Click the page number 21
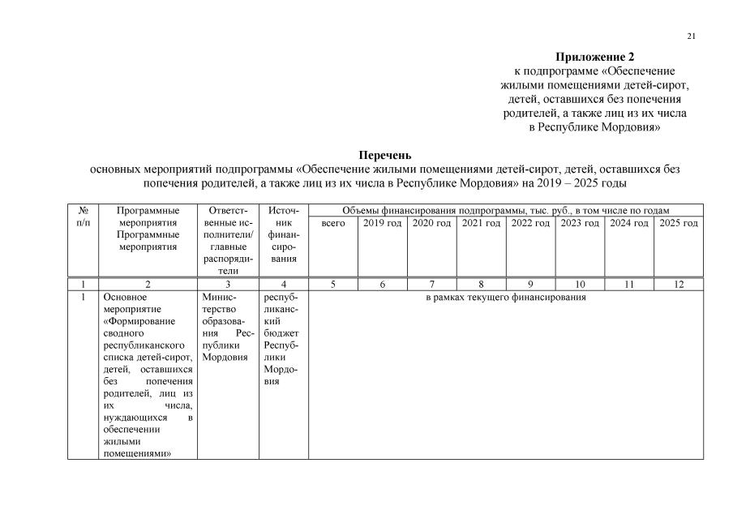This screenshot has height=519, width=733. point(691,36)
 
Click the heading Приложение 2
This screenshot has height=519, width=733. point(594,57)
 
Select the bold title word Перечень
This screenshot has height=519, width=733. point(385,155)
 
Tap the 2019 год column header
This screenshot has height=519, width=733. point(382,223)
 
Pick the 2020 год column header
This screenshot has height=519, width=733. point(431,223)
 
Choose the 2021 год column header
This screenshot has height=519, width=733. point(481,223)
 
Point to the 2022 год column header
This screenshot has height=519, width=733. point(530,223)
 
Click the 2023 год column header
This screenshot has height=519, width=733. point(580,223)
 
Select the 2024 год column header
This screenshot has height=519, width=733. point(629,223)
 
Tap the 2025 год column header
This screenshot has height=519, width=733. point(679,223)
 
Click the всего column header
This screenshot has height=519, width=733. point(333,223)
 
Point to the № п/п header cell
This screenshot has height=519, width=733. point(83,217)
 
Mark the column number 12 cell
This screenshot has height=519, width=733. point(679,285)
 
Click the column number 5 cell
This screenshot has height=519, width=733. point(333,285)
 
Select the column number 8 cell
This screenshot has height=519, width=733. point(481,285)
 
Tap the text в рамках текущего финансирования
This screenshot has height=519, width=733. point(506,298)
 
